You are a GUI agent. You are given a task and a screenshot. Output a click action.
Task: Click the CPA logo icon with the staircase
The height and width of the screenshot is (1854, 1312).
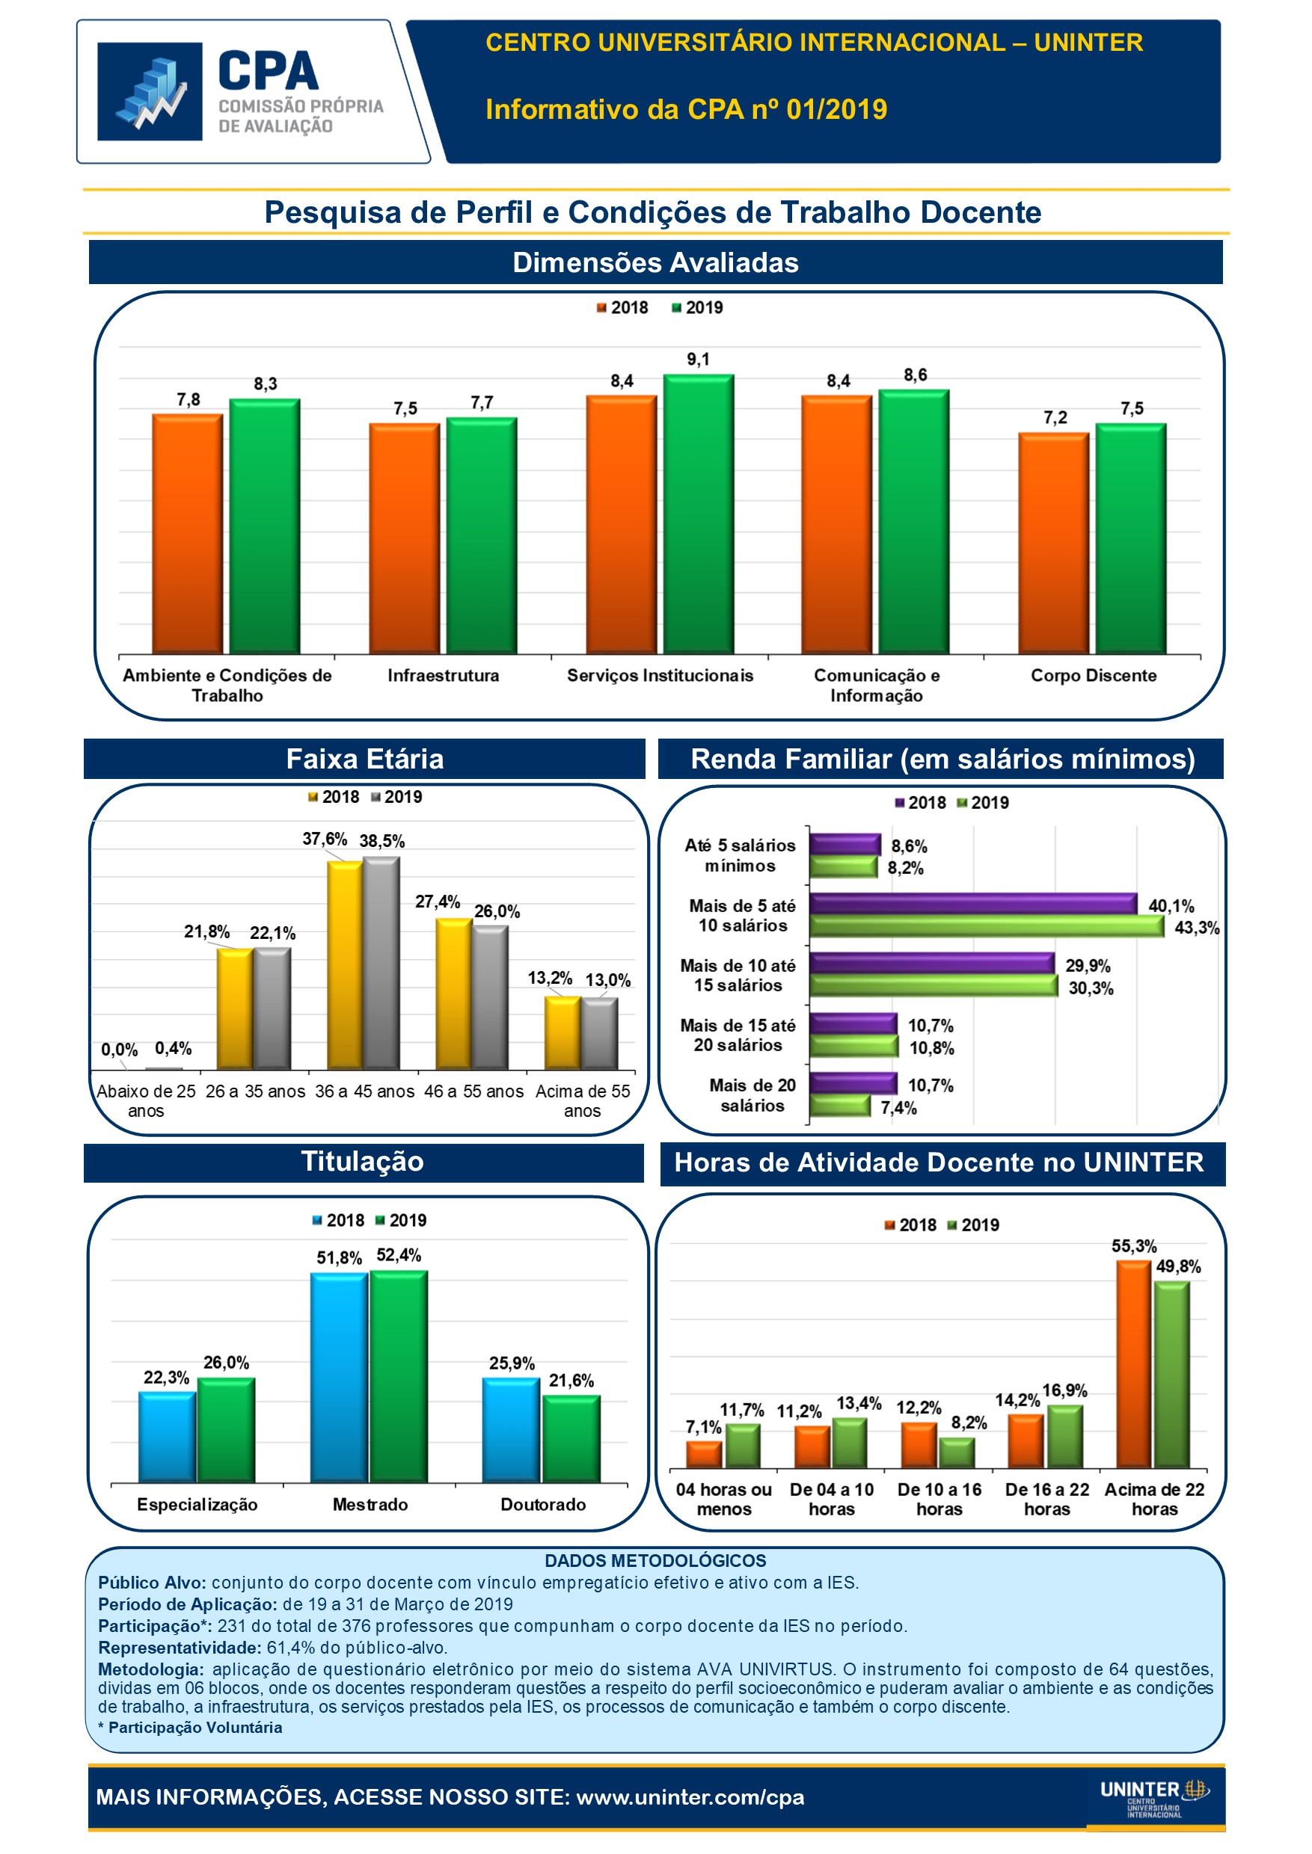[150, 91]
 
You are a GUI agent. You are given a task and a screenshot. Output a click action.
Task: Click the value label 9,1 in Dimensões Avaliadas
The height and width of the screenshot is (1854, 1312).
[698, 360]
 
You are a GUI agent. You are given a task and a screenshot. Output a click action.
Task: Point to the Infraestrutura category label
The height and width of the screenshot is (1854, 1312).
[443, 675]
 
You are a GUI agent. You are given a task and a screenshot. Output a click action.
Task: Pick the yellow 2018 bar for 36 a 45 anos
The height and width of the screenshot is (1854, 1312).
[345, 965]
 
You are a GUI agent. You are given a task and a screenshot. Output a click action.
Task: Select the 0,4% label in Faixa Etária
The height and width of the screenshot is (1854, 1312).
[173, 1048]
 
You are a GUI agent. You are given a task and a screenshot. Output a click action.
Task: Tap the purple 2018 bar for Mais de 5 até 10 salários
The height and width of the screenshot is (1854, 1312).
[972, 904]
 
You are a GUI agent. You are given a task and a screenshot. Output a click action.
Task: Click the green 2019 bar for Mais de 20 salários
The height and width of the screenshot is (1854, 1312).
[839, 1106]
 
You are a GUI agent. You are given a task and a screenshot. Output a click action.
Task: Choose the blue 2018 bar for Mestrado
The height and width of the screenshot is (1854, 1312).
[339, 1378]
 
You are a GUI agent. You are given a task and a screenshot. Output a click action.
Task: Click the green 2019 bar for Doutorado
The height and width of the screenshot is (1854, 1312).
[571, 1439]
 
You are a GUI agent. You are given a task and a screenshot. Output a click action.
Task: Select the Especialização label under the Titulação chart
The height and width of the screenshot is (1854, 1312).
[197, 1504]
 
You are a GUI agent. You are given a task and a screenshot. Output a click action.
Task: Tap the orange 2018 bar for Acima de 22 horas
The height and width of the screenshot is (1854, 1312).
[1133, 1364]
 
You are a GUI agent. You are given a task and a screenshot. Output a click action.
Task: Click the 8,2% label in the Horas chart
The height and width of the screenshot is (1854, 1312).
[969, 1423]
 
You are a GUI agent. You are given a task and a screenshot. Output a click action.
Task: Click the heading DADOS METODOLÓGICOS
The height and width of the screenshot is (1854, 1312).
[655, 1560]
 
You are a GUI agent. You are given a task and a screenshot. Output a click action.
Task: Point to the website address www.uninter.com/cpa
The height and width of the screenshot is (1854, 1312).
[690, 1796]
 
